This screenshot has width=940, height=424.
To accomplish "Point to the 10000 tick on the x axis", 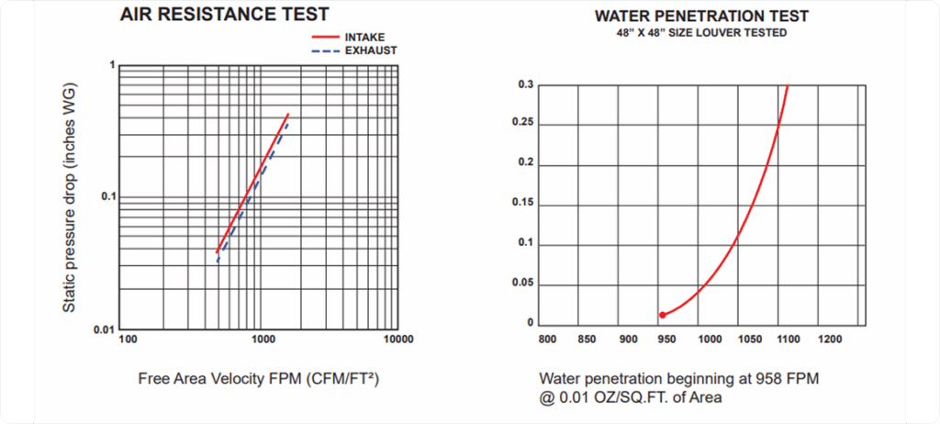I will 397,340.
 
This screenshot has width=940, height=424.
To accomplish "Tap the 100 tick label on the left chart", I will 129,340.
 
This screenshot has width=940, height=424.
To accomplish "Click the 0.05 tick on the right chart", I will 521,285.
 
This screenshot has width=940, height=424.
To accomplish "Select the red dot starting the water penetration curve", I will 662,315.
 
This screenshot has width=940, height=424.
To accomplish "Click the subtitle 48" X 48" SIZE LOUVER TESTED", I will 701,33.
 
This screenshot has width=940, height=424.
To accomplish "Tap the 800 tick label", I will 547,340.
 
